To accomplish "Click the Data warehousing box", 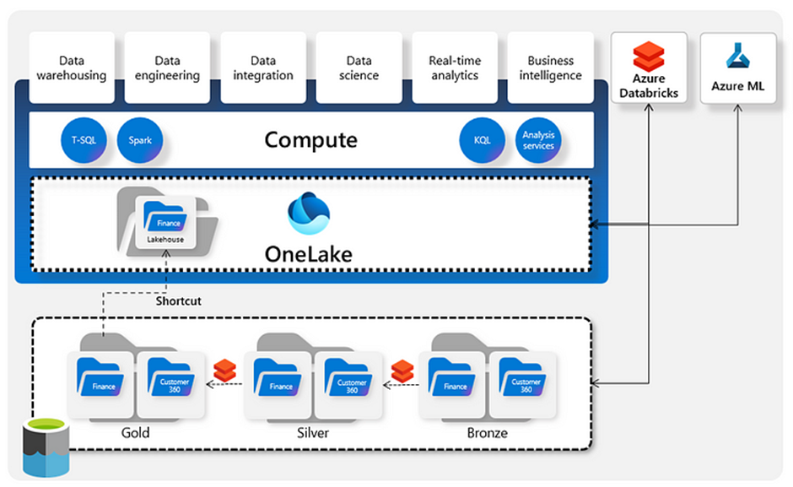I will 72,68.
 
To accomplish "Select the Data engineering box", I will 167,68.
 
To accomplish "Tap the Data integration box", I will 263,68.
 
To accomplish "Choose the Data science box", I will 359,68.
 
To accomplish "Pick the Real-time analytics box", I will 455,68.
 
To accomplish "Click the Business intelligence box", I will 550,68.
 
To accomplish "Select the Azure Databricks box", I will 649,68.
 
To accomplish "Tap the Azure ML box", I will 738,68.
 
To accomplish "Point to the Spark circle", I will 140,140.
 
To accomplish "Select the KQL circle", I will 482,140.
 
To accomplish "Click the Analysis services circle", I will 538,140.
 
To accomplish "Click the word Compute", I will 310,139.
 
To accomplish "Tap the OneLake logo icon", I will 308,214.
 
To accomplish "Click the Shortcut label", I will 178,300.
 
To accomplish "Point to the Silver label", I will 313,433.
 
